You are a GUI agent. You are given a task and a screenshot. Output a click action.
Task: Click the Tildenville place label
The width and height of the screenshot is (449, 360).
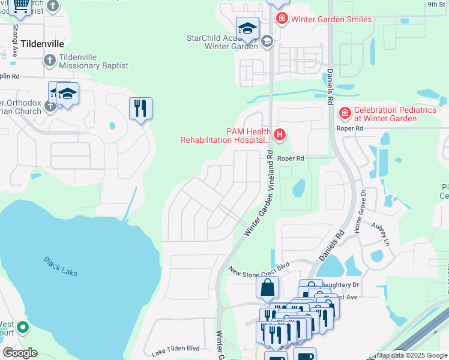[x=42, y=44]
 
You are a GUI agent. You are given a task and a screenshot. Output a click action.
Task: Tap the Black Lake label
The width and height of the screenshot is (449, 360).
[x=60, y=266]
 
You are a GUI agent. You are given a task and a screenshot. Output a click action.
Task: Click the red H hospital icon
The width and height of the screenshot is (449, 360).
[x=279, y=136]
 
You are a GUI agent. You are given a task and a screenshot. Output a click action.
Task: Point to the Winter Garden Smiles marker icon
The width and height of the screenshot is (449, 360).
[x=282, y=19]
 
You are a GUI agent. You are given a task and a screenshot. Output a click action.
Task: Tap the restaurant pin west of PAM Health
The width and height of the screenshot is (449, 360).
[x=140, y=109]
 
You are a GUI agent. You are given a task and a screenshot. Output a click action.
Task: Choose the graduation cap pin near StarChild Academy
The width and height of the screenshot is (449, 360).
[x=247, y=28]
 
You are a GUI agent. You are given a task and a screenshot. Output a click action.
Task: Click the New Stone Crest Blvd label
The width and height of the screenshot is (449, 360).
[x=259, y=268]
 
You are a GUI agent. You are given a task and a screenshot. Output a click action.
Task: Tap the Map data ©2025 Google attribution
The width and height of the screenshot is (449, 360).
[x=412, y=355]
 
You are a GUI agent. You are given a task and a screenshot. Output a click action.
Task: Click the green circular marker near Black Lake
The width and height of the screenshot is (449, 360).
[x=23, y=328]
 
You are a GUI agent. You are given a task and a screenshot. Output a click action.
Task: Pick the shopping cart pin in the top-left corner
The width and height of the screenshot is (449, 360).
[x=20, y=6]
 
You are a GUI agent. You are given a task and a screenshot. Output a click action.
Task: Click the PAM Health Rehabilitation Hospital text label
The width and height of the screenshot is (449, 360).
[x=226, y=136]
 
